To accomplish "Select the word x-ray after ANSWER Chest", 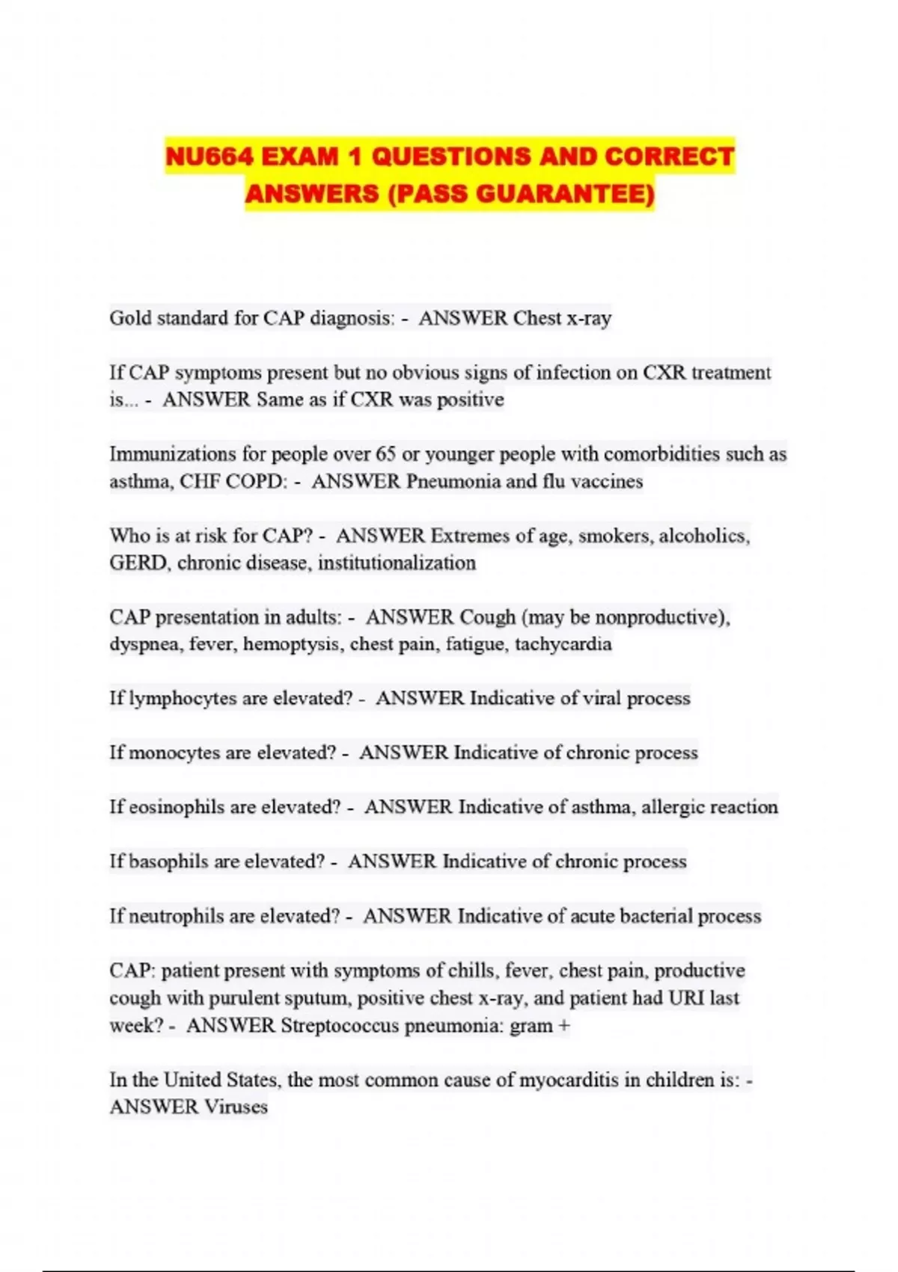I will (x=589, y=319).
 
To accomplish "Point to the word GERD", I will (x=139, y=563).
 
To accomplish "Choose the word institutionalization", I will (x=397, y=563).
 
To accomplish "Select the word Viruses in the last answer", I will (x=236, y=1107).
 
